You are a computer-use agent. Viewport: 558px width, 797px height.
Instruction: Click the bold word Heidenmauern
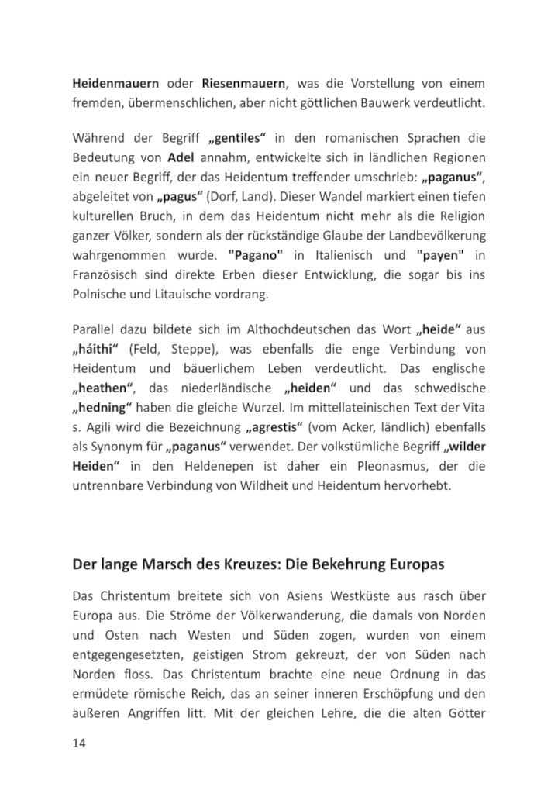pos(116,83)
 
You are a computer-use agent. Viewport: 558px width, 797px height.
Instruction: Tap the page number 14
pos(79,744)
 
